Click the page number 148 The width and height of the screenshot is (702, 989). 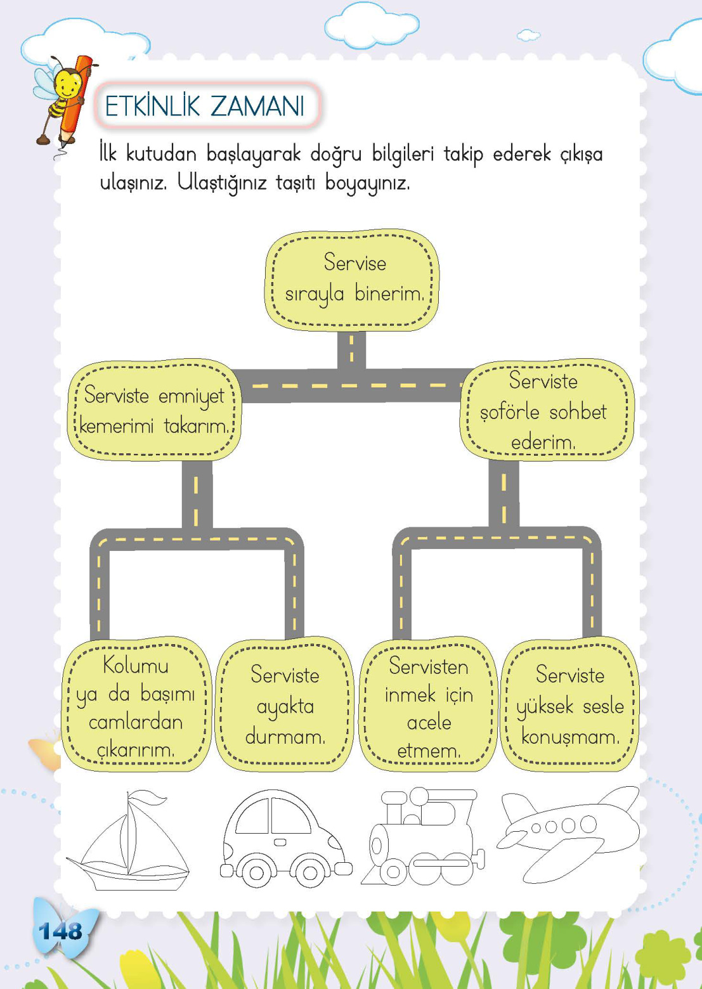60,931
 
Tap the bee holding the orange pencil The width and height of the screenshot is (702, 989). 63,95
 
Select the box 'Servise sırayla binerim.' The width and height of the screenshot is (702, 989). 352,280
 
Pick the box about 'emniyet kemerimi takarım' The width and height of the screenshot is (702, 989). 154,411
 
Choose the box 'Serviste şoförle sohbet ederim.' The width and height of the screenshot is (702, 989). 545,411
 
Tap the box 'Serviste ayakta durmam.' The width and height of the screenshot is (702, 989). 284,706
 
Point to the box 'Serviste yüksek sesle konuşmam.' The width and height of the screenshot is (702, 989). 569,706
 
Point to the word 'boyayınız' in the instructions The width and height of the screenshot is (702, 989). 367,183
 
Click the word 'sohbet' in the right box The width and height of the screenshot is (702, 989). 578,412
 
